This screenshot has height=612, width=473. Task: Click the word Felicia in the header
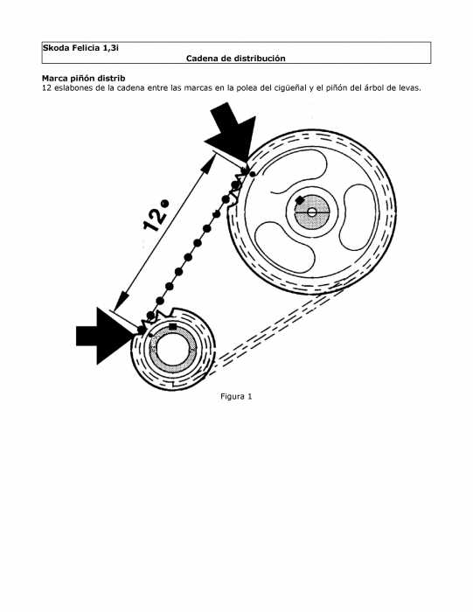(x=81, y=48)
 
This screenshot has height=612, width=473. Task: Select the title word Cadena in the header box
(x=199, y=59)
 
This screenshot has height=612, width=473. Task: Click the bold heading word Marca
(x=53, y=79)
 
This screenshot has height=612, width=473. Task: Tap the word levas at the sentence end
(x=409, y=87)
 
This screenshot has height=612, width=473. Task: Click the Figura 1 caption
(x=236, y=397)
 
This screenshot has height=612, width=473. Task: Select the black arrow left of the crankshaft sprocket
(x=105, y=336)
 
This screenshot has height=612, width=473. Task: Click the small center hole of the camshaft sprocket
(x=312, y=212)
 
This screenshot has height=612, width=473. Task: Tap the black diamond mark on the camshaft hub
(x=300, y=200)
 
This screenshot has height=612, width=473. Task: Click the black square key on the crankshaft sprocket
(x=172, y=327)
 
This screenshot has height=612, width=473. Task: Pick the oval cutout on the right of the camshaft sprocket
(x=358, y=217)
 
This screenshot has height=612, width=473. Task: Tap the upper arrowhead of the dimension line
(x=209, y=163)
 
